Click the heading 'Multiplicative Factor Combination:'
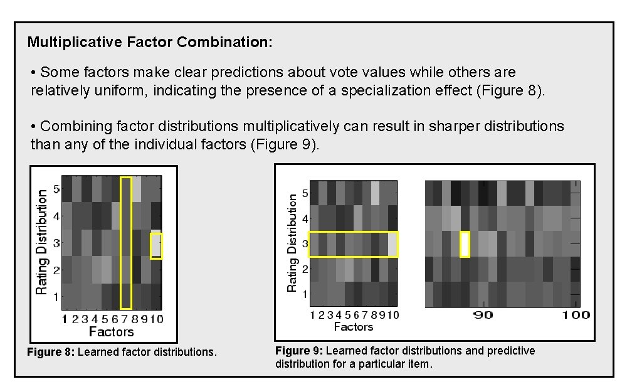[x=150, y=43]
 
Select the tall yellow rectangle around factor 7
[x=126, y=243]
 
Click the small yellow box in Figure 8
[x=156, y=246]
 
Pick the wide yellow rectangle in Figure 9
[x=354, y=244]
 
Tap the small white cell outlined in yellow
[x=465, y=244]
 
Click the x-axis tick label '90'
[x=483, y=315]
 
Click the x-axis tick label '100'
[x=576, y=315]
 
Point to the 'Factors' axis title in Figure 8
[x=111, y=331]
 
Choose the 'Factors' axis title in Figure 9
[x=353, y=327]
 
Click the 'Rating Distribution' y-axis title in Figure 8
[x=41, y=242]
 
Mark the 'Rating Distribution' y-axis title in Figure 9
[x=292, y=242]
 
